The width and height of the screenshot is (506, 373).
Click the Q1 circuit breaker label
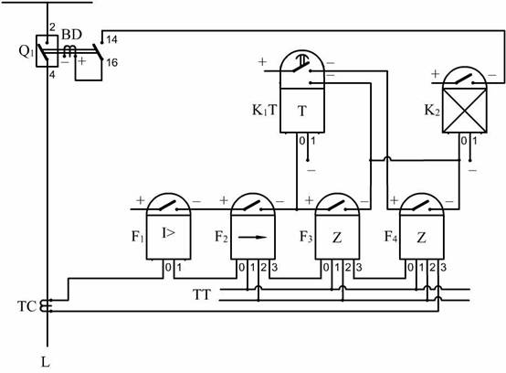point(26,51)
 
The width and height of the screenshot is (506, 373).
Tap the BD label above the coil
point(71,35)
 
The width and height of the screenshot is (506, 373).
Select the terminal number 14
point(111,39)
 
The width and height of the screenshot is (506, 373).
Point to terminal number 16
point(111,63)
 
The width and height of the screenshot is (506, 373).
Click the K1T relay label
point(265,111)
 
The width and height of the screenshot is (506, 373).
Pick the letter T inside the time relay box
point(302,112)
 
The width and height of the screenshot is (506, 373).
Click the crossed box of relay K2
point(464,111)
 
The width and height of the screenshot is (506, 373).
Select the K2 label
point(432,111)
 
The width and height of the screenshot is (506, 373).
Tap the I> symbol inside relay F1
point(168,233)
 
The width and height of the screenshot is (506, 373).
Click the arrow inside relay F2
point(252,238)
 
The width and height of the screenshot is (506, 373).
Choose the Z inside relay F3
point(337,238)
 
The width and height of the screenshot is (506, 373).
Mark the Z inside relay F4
point(421,238)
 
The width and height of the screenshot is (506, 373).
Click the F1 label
point(137,237)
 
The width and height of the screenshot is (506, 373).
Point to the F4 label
point(391,237)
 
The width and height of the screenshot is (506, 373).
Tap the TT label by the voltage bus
point(201,295)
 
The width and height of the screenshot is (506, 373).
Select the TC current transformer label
point(26,306)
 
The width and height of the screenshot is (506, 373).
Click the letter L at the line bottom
point(46,362)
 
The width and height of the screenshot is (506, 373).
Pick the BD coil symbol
point(69,51)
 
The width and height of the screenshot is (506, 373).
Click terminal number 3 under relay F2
point(275,267)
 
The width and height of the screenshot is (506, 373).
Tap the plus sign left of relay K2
point(436,74)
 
